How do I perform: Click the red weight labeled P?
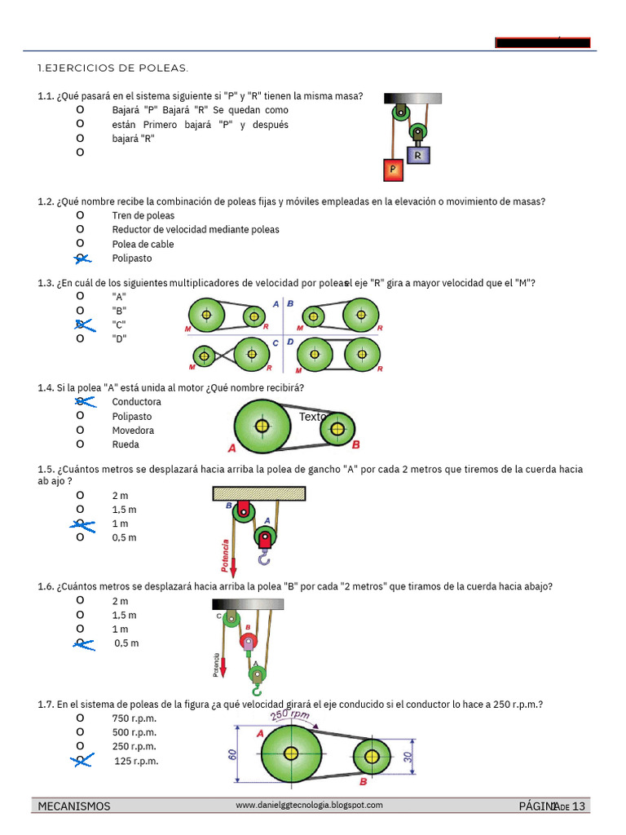coord(394,169)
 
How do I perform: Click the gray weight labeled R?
coord(418,154)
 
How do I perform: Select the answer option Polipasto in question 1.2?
coord(132,258)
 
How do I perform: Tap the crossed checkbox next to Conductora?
coord(82,401)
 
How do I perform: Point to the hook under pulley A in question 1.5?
coord(263,558)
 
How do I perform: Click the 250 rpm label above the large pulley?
coord(290,716)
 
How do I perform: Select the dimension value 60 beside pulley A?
coord(232,755)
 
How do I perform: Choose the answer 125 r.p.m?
coord(136,762)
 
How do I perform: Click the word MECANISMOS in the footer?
coord(74,806)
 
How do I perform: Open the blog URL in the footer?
coord(309,805)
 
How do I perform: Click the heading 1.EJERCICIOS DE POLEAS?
coord(112,68)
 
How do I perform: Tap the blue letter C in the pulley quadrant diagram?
coord(276,343)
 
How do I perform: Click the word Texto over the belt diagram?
coord(313,417)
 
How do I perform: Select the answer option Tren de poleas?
coord(143,216)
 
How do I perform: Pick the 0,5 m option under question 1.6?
coord(126,643)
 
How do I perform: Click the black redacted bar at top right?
coord(543,43)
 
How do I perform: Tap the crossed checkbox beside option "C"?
coord(82,325)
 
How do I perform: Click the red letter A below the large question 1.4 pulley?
coord(232,448)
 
